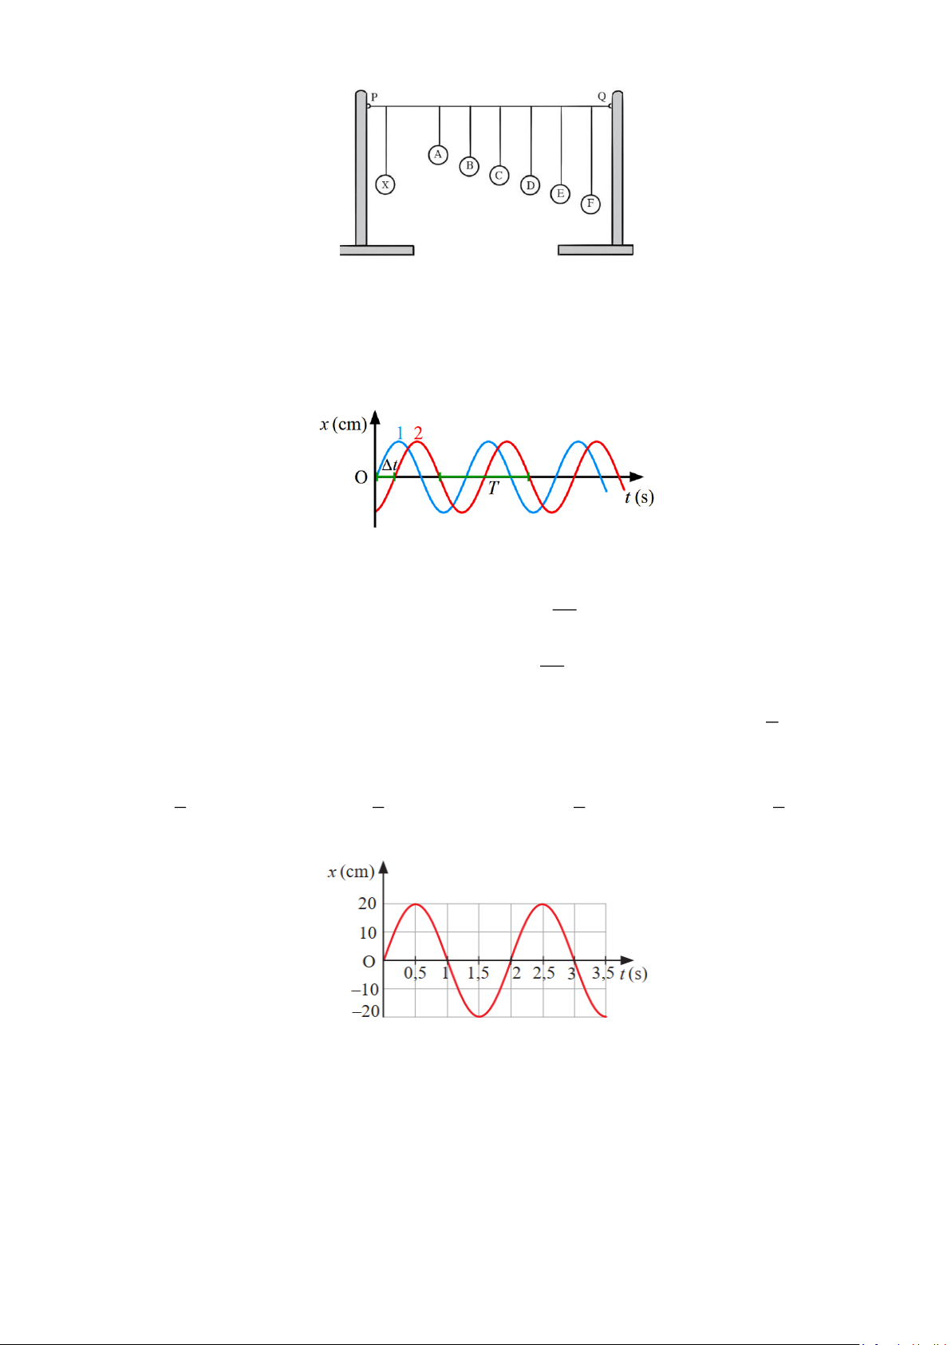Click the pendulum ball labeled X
click(385, 184)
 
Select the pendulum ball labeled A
click(438, 154)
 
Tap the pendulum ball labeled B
click(469, 166)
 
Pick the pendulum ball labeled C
click(499, 176)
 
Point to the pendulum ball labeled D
click(530, 185)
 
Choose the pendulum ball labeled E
click(560, 193)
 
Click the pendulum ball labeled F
click(590, 204)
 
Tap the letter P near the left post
click(374, 97)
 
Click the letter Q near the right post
click(602, 96)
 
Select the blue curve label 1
click(401, 433)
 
